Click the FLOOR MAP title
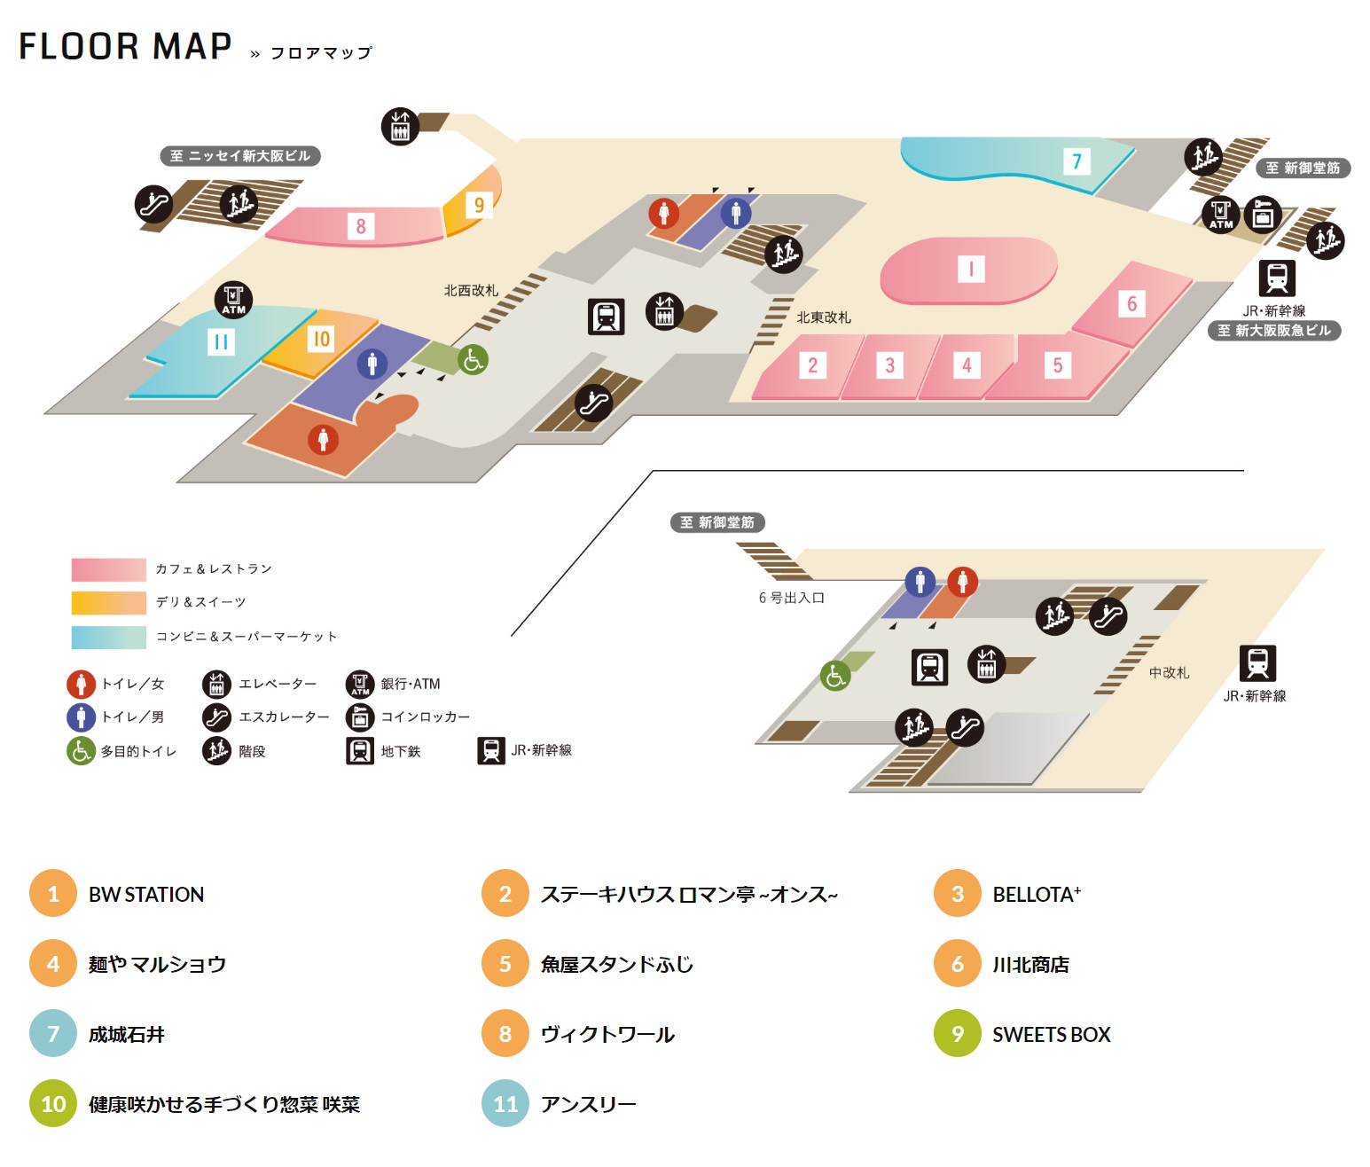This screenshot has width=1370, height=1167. click(x=125, y=46)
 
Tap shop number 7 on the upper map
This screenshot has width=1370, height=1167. click(x=1076, y=161)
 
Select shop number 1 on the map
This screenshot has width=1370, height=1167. click(x=971, y=269)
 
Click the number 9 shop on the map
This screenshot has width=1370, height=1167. click(x=479, y=205)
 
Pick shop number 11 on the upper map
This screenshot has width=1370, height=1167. click(x=221, y=341)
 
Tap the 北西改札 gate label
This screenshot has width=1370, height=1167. click(x=471, y=290)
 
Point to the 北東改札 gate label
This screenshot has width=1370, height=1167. click(x=823, y=317)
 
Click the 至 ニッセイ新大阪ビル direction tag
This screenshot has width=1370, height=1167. click(x=239, y=156)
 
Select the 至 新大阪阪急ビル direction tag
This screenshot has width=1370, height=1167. click(x=1273, y=331)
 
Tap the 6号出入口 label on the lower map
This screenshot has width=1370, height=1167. click(x=791, y=598)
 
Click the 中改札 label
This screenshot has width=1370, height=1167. click(x=1169, y=672)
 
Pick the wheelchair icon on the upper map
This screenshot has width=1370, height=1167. click(x=473, y=359)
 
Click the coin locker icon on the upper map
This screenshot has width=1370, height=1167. click(x=1263, y=215)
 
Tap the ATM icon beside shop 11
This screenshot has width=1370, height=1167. click(x=233, y=300)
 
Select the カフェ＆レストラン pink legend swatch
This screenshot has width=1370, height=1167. click(x=108, y=569)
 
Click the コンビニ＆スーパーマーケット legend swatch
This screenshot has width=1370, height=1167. click(x=108, y=637)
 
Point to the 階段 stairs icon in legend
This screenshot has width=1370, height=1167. click(x=216, y=751)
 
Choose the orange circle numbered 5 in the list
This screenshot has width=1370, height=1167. click(x=505, y=964)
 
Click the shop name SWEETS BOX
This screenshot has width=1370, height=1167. click(x=1051, y=1034)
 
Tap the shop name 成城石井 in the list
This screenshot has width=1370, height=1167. click(x=127, y=1034)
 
